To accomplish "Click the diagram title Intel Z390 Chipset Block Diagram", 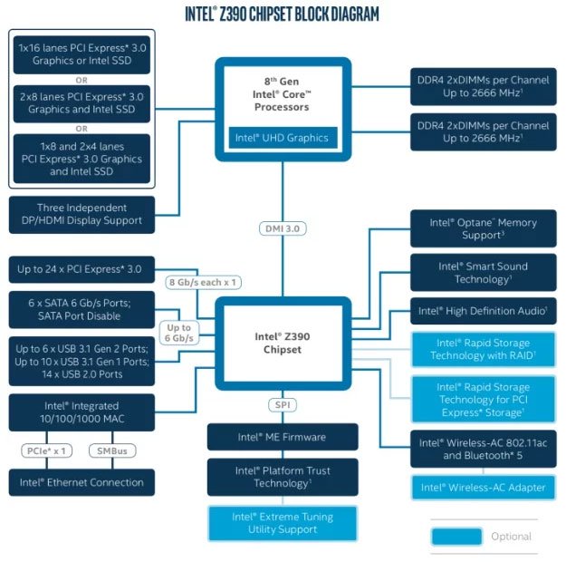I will [282, 15].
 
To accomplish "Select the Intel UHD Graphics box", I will [282, 139].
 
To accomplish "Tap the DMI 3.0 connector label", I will [282, 228].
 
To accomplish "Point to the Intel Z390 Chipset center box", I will [282, 343].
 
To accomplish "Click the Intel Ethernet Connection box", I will [82, 482].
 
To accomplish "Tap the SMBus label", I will [113, 450].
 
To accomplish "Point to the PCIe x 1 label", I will [45, 450].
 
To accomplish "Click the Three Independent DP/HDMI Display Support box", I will [82, 214].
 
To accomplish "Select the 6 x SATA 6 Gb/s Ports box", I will [82, 309].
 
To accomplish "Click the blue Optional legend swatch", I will [456, 536].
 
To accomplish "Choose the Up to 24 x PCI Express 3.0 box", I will [82, 269].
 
